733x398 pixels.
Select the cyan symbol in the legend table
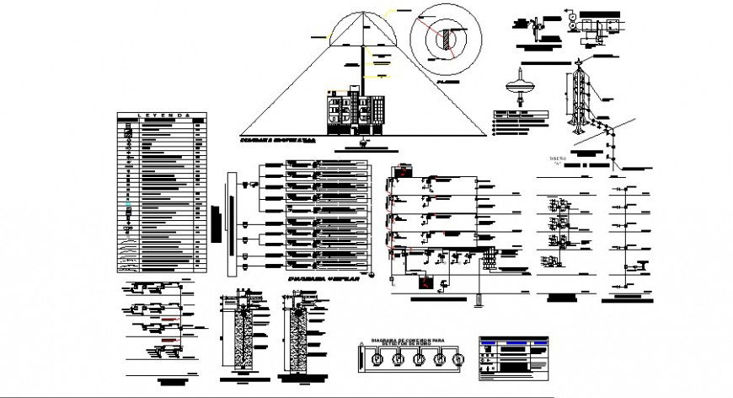click(x=129, y=207)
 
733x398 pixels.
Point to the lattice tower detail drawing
click(x=580, y=101)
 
